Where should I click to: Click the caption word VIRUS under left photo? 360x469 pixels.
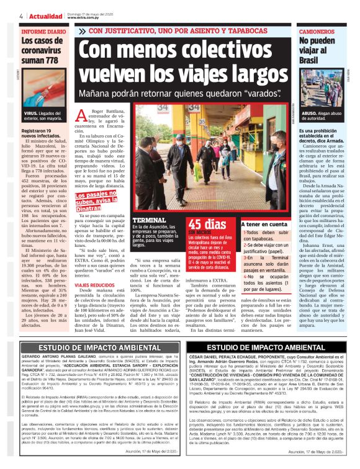30,114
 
